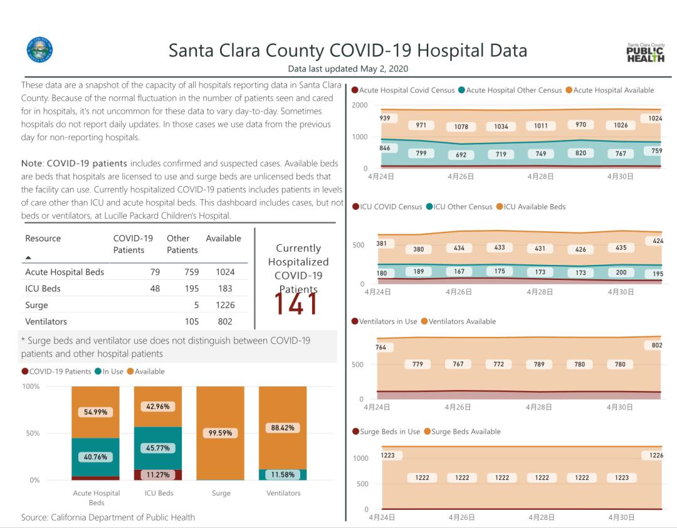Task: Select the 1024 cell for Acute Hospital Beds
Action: (225, 272)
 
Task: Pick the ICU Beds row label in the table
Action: (43, 289)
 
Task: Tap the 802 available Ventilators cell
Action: (225, 321)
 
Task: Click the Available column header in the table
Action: (223, 239)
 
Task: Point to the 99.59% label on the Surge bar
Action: (220, 433)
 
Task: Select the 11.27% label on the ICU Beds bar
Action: (157, 475)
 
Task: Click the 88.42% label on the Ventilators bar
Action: (283, 428)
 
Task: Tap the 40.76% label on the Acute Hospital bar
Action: (95, 457)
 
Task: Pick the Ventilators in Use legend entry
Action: (387, 321)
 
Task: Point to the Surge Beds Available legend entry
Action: (466, 432)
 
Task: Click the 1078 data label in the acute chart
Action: (461, 127)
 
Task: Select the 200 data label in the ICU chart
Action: (621, 272)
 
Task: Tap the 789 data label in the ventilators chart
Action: (539, 364)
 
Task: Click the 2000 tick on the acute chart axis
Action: (360, 105)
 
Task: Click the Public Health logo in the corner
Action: (646, 53)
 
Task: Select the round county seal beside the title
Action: (39, 50)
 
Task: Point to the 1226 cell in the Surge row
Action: (225, 305)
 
